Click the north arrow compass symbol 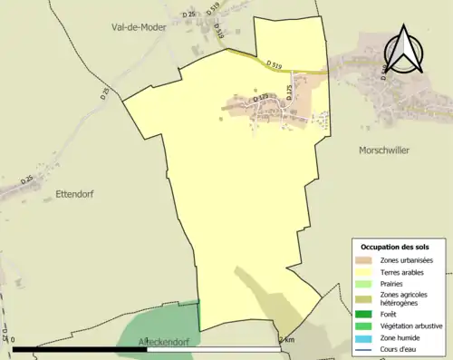[x=404, y=51]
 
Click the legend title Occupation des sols [x=401, y=247]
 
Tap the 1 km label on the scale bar [x=286, y=339]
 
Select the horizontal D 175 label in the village [x=260, y=97]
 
